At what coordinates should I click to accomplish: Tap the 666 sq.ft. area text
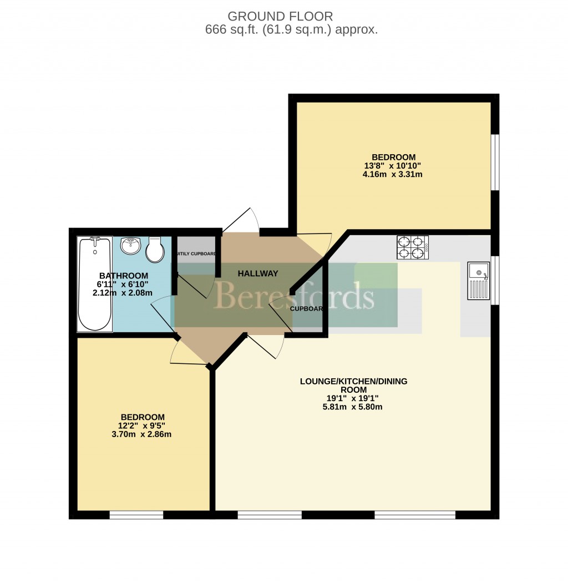(291, 31)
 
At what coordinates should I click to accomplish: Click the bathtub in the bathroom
(95, 284)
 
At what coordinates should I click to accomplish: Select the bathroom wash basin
(131, 246)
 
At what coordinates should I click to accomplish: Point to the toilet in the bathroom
(155, 250)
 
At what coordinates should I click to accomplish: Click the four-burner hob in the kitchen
(412, 247)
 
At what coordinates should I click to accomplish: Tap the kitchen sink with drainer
(478, 281)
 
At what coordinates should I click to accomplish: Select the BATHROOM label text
(124, 276)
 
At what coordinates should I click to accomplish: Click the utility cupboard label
(196, 254)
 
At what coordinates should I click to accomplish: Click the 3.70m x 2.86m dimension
(142, 434)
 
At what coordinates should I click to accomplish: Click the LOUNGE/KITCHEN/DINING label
(354, 381)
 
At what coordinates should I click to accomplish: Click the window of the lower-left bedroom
(136, 515)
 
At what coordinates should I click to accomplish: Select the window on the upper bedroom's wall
(495, 162)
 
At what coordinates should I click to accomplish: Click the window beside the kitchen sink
(495, 280)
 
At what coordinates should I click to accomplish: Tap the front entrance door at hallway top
(241, 222)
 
